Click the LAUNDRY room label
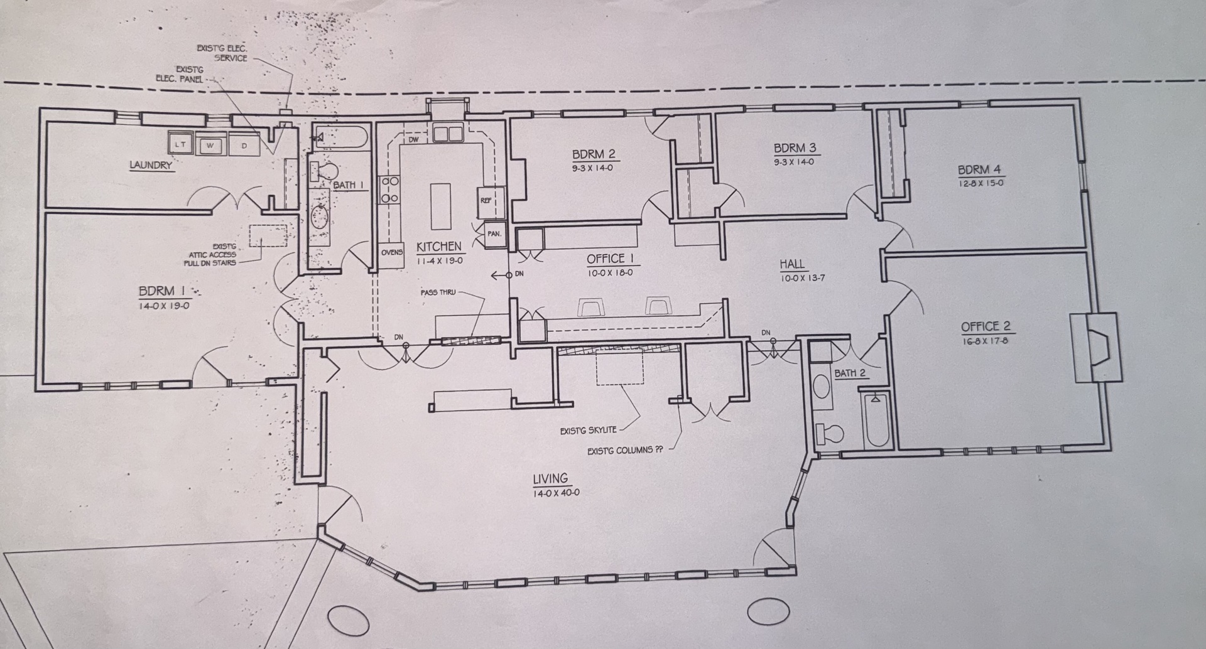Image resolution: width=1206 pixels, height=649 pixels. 150,166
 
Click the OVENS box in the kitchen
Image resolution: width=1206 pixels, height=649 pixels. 392,254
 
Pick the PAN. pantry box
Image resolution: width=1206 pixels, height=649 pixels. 494,233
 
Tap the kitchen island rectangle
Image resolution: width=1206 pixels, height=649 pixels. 441,206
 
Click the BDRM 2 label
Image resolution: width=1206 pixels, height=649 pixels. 594,154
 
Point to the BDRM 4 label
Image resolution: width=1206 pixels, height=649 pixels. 980,170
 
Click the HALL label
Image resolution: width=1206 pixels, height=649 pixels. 792,264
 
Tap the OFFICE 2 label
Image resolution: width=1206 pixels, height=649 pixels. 986,326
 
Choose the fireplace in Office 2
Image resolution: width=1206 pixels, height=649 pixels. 1096,347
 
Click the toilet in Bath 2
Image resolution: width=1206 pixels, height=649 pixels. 829,434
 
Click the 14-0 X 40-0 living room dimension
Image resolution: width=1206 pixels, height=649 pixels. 557,493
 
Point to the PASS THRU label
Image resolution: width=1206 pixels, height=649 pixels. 438,292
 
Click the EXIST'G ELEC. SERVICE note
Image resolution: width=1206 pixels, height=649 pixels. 222,53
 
